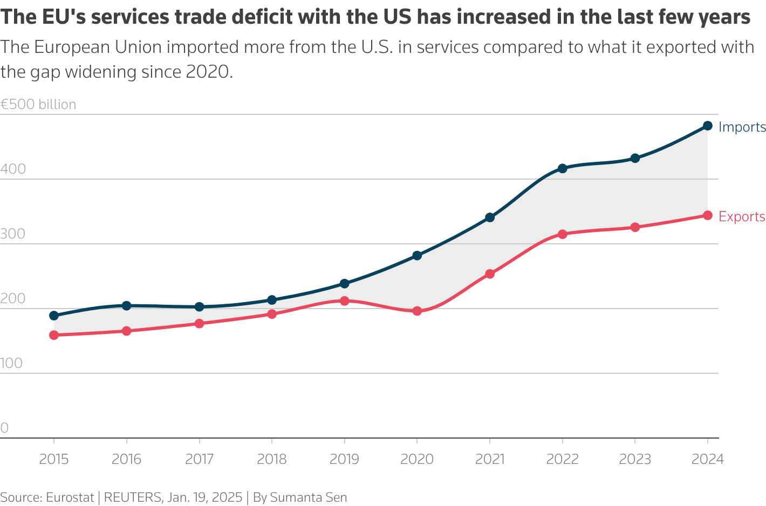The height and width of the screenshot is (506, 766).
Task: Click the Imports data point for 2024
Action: [x=708, y=126]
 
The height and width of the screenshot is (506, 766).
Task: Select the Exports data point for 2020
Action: [x=417, y=311]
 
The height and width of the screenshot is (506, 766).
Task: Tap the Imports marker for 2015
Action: [x=54, y=316]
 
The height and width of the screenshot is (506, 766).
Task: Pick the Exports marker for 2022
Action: [x=562, y=234]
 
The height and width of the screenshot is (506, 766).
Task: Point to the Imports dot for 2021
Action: [x=490, y=217]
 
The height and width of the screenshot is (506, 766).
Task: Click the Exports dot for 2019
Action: [x=345, y=300]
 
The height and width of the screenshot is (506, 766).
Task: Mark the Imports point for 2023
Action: [x=635, y=158]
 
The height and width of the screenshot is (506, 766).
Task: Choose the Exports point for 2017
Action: [x=199, y=323]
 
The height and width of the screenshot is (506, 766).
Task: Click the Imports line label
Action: [x=742, y=127]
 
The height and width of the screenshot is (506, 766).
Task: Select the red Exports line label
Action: [x=742, y=217]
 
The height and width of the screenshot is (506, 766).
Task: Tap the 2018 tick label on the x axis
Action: [x=272, y=459]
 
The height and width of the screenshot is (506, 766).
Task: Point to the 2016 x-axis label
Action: [x=126, y=459]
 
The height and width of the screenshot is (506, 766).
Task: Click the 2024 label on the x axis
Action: [x=708, y=459]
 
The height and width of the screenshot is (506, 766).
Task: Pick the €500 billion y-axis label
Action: [x=38, y=104]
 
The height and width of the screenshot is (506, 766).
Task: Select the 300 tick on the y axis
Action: [x=13, y=234]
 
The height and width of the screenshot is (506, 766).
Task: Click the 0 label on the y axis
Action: [x=4, y=428]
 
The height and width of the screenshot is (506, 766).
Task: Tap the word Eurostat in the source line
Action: [x=70, y=497]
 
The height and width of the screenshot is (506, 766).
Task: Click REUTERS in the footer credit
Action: [x=133, y=497]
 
